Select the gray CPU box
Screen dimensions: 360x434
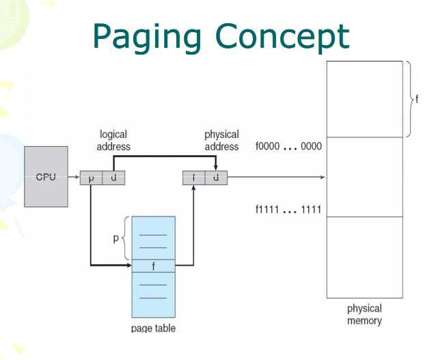tap(46, 176)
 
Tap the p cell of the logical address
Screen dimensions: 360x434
tap(91, 178)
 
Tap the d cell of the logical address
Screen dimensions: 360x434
tap(113, 178)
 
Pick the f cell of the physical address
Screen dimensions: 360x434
tap(193, 178)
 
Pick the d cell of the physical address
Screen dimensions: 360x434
tap(216, 178)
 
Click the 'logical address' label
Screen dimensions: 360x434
tap(113, 140)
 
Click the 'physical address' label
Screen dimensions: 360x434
tap(221, 140)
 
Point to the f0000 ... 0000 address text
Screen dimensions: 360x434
tap(288, 146)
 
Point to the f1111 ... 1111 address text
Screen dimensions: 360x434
tap(288, 209)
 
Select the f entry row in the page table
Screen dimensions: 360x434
tap(153, 265)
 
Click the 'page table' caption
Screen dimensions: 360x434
tap(153, 329)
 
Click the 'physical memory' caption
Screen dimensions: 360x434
tap(364, 314)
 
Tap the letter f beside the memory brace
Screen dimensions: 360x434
tap(416, 99)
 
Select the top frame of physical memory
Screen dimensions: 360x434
tap(364, 99)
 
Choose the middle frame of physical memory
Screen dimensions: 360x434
tap(364, 177)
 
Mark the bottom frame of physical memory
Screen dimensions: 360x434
tap(364, 257)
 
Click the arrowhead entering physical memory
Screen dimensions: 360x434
tap(322, 178)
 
